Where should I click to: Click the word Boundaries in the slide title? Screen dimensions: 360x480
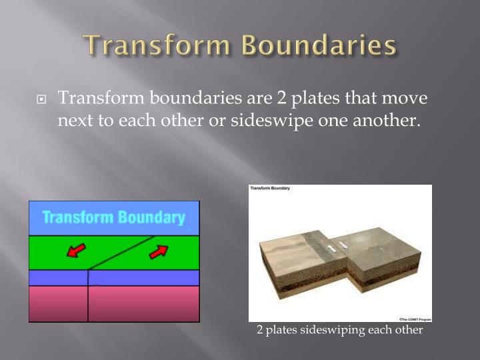(x=318, y=47)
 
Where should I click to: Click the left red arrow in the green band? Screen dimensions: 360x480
(x=77, y=250)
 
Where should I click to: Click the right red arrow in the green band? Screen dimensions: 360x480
(x=158, y=251)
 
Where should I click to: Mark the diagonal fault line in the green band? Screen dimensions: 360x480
(x=124, y=252)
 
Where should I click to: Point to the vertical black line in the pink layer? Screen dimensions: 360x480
(x=88, y=303)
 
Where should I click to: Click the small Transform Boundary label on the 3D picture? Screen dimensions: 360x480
(x=271, y=189)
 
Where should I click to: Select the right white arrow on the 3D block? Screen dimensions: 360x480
(x=343, y=246)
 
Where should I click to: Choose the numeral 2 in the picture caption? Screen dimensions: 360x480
(x=260, y=330)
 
